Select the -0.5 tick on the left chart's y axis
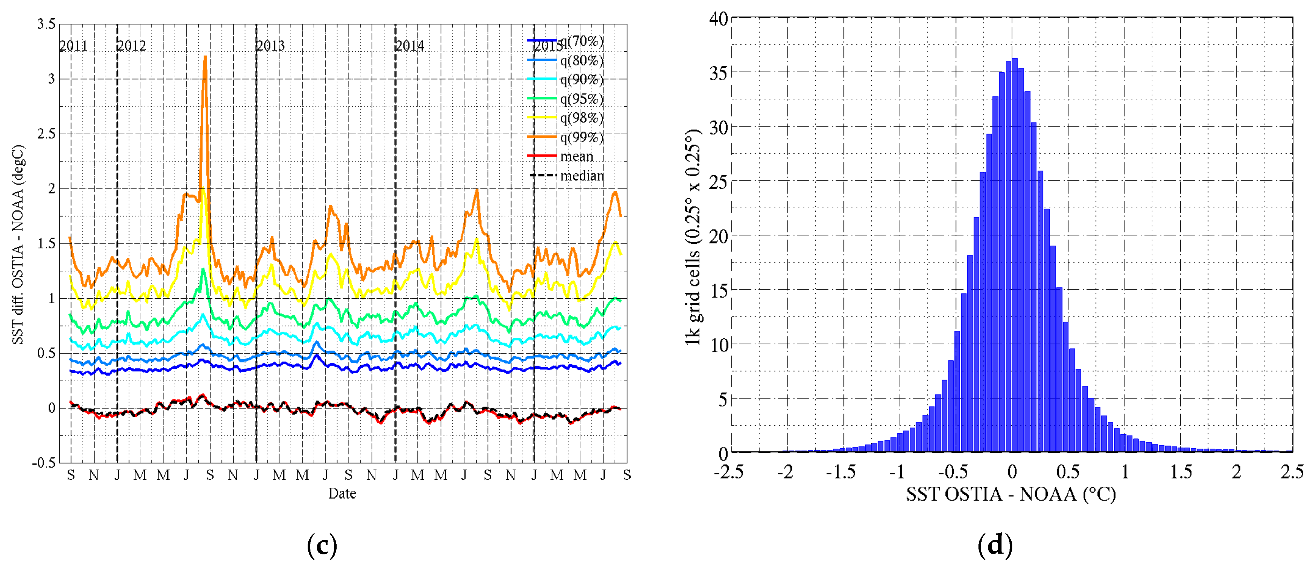pyautogui.click(x=44, y=463)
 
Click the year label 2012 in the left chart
pyautogui.click(x=132, y=46)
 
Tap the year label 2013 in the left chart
pyautogui.click(x=270, y=46)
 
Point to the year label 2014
pyautogui.click(x=410, y=46)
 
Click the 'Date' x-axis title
pyautogui.click(x=342, y=493)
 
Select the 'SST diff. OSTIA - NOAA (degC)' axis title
pyautogui.click(x=18, y=245)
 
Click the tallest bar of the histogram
pyautogui.click(x=1014, y=255)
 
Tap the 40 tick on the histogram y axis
pyautogui.click(x=719, y=19)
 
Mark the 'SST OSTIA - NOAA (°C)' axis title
pyautogui.click(x=1011, y=494)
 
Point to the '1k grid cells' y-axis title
pyautogui.click(x=693, y=237)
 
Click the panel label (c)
pyautogui.click(x=322, y=546)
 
